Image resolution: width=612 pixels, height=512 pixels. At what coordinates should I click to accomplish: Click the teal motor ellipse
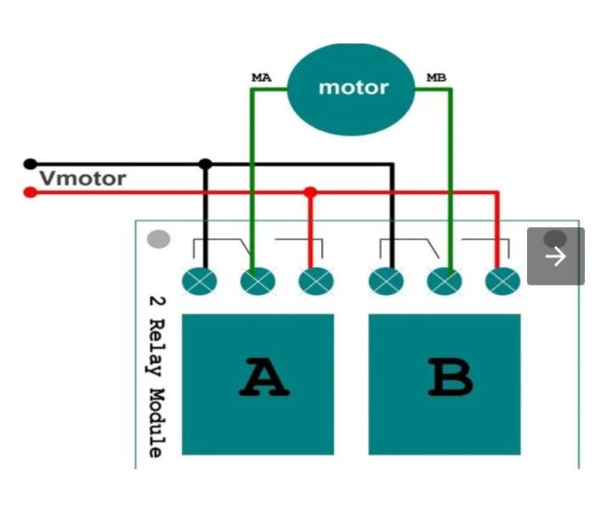pyautogui.click(x=353, y=87)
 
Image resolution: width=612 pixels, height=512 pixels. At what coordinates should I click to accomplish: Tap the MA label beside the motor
pyautogui.click(x=260, y=78)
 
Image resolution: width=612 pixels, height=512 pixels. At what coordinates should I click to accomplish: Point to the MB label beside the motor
pyautogui.click(x=436, y=78)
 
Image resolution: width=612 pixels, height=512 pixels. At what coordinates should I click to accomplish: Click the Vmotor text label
pyautogui.click(x=83, y=179)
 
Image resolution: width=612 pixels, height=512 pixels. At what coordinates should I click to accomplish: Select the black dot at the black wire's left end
pyautogui.click(x=30, y=163)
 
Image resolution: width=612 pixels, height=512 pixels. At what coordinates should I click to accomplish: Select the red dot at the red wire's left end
pyautogui.click(x=30, y=192)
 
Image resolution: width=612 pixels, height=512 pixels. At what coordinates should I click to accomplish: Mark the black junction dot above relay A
pyautogui.click(x=205, y=163)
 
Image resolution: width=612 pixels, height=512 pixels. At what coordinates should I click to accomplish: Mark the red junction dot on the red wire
pyautogui.click(x=310, y=192)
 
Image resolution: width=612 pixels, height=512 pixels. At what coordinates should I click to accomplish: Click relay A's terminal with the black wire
pyautogui.click(x=200, y=280)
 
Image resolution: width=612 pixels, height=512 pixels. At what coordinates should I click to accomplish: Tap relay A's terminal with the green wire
pyautogui.click(x=258, y=280)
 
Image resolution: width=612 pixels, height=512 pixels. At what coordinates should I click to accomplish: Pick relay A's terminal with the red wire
pyautogui.click(x=316, y=280)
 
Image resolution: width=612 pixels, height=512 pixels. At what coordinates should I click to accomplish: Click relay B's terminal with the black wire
pyautogui.click(x=386, y=280)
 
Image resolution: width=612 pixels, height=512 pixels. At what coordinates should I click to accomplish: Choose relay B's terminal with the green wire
pyautogui.click(x=445, y=280)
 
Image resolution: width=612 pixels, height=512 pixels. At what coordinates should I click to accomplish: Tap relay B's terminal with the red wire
pyautogui.click(x=502, y=280)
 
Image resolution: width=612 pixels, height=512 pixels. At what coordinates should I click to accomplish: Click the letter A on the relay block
pyautogui.click(x=263, y=380)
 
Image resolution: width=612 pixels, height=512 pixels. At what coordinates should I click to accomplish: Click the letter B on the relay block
pyautogui.click(x=450, y=380)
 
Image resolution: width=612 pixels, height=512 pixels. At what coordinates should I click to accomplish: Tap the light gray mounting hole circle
pyautogui.click(x=158, y=240)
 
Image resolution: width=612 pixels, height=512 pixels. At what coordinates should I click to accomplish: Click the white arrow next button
pyautogui.click(x=555, y=256)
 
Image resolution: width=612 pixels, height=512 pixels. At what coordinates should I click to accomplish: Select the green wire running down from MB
pyautogui.click(x=450, y=170)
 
